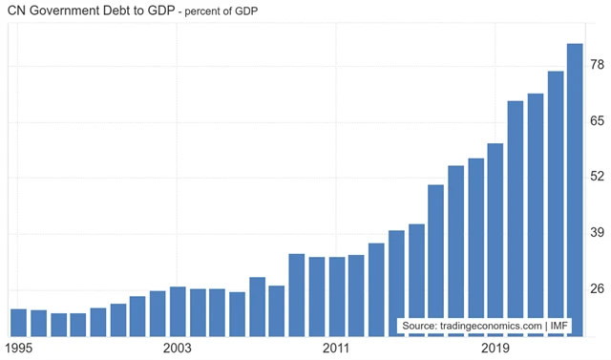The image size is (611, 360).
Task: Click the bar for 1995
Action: point(18,323)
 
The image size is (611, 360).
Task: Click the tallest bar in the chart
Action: point(575,190)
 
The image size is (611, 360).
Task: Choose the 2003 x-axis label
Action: point(179,349)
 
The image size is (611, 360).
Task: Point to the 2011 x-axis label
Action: point(337,349)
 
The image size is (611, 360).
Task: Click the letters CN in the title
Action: point(17,12)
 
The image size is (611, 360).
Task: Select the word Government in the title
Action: point(74,12)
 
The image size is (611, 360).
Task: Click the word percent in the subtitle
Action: point(237,13)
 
